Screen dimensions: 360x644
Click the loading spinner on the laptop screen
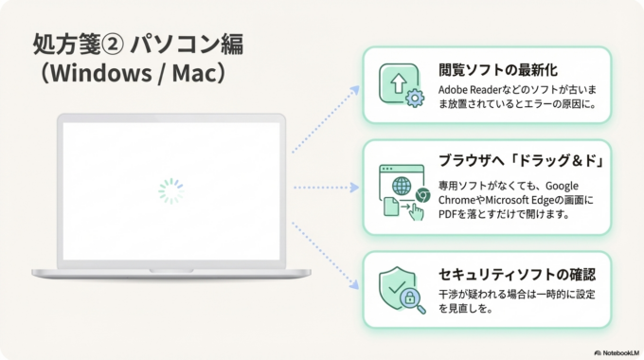click(170, 191)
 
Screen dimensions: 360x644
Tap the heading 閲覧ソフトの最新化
click(497, 69)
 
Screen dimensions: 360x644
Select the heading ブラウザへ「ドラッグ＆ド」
click(521, 159)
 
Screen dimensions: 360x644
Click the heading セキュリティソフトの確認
click(517, 275)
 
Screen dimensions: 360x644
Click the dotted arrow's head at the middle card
click(356, 188)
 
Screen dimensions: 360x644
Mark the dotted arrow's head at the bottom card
click(355, 285)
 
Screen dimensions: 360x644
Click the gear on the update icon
click(413, 98)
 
